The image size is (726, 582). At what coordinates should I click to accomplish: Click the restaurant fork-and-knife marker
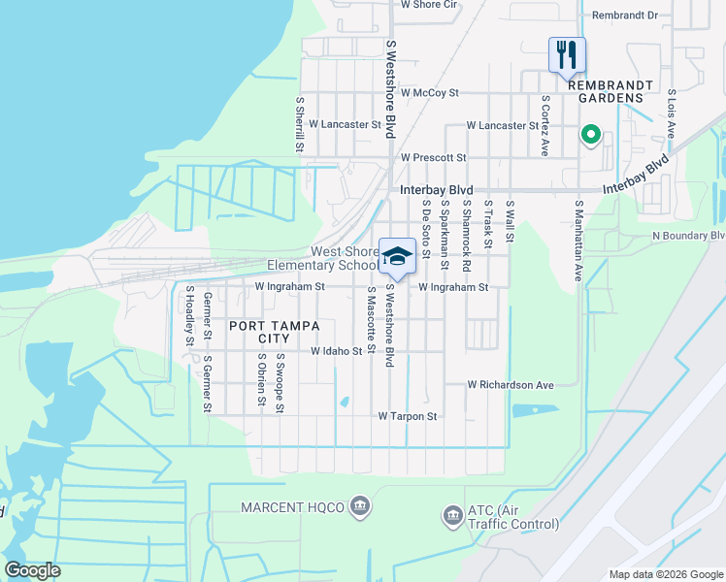pyautogui.click(x=567, y=54)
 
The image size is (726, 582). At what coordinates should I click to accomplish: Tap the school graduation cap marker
pyautogui.click(x=397, y=257)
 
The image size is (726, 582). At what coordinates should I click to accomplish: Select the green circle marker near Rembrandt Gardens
pyautogui.click(x=588, y=135)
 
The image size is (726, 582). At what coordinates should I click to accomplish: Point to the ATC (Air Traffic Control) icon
pyautogui.click(x=452, y=515)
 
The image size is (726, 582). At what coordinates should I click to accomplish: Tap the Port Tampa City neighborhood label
pyautogui.click(x=260, y=333)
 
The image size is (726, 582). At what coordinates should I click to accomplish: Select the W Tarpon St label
pyautogui.click(x=408, y=416)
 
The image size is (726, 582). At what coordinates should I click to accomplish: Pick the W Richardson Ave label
pyautogui.click(x=510, y=385)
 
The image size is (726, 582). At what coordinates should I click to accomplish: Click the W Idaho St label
pyautogui.click(x=336, y=351)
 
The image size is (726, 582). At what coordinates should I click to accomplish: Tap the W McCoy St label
pyautogui.click(x=428, y=93)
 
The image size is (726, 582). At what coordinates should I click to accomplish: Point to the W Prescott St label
pyautogui.click(x=433, y=157)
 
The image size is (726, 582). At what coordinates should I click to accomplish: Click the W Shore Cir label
pyautogui.click(x=428, y=5)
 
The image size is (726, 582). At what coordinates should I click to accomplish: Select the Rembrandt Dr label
pyautogui.click(x=624, y=16)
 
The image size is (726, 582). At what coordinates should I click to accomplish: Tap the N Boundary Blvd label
pyautogui.click(x=688, y=236)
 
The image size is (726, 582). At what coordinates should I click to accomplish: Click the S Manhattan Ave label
pyautogui.click(x=577, y=242)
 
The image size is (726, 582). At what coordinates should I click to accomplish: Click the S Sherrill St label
pyautogui.click(x=299, y=123)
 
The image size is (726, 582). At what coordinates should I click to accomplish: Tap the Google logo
pyautogui.click(x=32, y=570)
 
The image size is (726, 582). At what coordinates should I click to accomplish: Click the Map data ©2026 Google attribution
pyautogui.click(x=665, y=573)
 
